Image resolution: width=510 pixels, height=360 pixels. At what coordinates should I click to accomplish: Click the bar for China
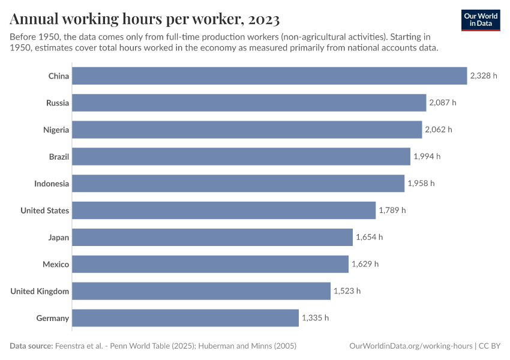[269, 76]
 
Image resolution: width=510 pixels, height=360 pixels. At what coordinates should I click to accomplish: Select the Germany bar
[185, 318]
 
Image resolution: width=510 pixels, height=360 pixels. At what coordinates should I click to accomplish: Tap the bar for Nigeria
[247, 130]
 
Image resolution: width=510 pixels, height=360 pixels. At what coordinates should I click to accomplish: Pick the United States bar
[224, 211]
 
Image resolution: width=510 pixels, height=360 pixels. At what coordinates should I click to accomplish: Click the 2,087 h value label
[443, 103]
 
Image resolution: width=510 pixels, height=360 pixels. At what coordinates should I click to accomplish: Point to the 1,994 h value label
[427, 157]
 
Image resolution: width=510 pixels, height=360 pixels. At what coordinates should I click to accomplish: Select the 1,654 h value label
[369, 238]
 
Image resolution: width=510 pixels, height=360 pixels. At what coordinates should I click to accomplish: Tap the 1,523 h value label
[347, 291]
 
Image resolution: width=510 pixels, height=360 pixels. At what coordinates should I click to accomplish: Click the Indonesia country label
[52, 184]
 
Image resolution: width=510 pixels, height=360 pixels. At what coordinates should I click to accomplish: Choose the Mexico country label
[56, 265]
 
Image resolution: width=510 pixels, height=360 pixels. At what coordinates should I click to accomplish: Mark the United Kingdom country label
[40, 292]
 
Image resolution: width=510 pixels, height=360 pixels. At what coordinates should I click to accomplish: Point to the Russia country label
[58, 103]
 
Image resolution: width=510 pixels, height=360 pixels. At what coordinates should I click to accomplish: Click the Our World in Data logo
[481, 19]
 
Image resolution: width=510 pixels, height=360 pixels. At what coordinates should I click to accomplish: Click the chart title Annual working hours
[145, 19]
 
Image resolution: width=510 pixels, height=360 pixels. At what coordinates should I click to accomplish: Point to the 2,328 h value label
[484, 76]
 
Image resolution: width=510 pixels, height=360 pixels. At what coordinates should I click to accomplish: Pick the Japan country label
[59, 238]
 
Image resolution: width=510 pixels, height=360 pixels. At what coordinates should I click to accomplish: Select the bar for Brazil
[241, 157]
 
